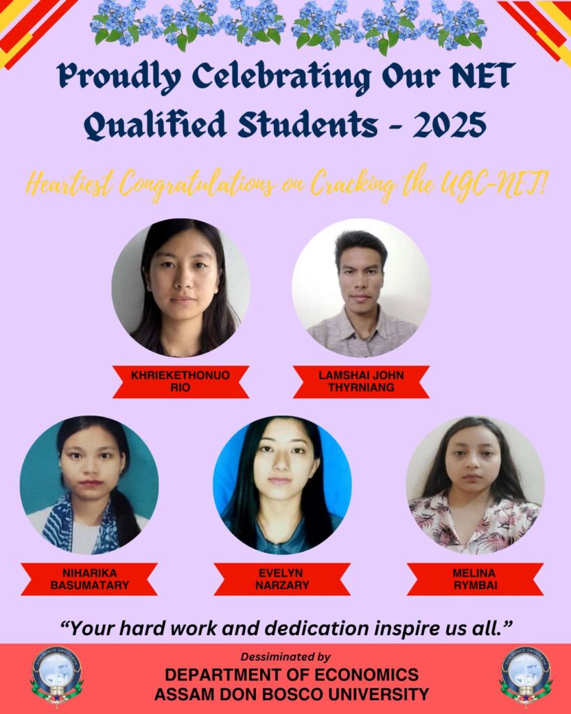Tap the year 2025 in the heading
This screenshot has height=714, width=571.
[x=450, y=125]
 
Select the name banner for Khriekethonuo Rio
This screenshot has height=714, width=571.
[x=181, y=381]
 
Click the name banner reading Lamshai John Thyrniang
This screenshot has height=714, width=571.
[x=361, y=381]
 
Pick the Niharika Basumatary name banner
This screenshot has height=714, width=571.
[x=89, y=579]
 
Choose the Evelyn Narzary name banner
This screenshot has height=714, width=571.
[x=282, y=579]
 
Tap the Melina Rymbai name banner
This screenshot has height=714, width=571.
[x=475, y=579]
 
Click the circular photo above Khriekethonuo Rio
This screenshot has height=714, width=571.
[x=181, y=288]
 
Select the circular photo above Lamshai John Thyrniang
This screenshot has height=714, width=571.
[x=361, y=288]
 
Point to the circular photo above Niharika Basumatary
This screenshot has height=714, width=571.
[x=89, y=485]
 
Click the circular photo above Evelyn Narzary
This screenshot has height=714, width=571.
[x=282, y=485]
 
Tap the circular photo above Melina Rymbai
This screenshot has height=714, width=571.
[x=475, y=485]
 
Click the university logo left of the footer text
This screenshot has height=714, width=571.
[x=56, y=676]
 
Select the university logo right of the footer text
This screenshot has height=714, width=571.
[x=526, y=676]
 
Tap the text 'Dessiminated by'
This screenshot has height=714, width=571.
[x=286, y=657]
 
